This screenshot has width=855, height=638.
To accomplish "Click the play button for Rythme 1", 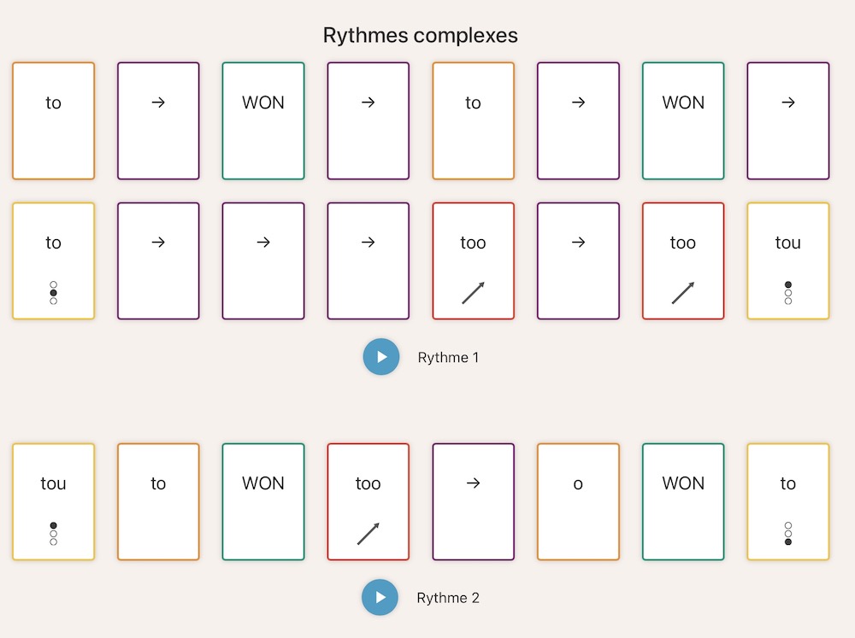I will pos(381,357).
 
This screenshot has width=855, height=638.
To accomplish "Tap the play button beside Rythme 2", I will pos(380,597).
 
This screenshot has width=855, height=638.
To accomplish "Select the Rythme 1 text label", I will pos(448,358).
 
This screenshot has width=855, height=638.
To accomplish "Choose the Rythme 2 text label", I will pos(448,598).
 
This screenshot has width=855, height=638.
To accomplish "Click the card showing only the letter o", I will pos(578,501).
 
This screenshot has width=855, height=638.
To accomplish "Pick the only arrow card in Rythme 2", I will pos(473,501).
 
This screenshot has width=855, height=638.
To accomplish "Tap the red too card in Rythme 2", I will pos(368,501).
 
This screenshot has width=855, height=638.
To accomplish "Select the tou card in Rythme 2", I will pos(53,501).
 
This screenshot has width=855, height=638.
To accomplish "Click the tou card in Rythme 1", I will pos(787,260).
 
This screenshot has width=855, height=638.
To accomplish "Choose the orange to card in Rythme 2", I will pos(158,501).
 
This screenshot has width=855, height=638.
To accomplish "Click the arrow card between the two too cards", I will pos(578,260).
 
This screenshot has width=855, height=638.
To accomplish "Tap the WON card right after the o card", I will pos(683,501).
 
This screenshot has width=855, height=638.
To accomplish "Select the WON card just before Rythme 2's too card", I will pos(262,501).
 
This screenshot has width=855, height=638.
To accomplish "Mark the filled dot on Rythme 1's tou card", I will pos(788,284).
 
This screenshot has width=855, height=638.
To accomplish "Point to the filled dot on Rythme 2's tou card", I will pos(53,525).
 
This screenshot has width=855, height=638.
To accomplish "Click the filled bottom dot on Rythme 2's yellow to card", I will pos(788,542).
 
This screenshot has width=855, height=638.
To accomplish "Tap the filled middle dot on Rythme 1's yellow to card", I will pos(53,293).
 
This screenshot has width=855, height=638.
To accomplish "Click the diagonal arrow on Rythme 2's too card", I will pos(368,534).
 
